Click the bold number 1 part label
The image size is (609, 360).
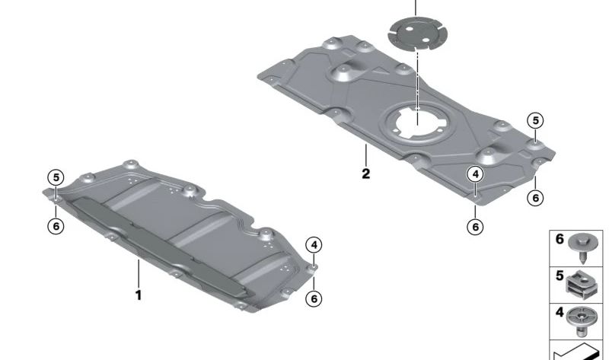click(139, 295)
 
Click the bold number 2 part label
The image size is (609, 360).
click(365, 174)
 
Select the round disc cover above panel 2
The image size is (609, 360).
click(418, 33)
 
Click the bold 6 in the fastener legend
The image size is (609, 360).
click(560, 239)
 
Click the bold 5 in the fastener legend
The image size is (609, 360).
click(560, 276)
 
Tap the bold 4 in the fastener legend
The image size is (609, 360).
click(560, 312)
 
